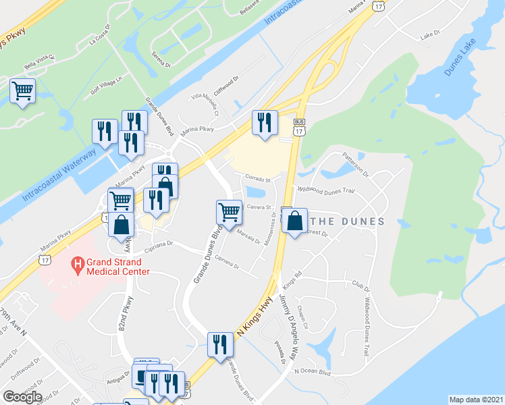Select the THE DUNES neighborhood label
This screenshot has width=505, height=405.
347,221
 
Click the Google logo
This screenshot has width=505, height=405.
22,397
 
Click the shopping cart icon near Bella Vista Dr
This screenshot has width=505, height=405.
23,90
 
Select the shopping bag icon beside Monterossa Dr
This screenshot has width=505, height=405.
295,221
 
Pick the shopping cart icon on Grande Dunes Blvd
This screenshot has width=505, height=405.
229,212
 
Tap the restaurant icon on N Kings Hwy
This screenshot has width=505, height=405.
219,344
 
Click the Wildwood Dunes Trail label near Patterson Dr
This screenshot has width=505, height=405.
326,190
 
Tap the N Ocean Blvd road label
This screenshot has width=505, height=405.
312,371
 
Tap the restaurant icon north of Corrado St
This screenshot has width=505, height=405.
264,122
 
